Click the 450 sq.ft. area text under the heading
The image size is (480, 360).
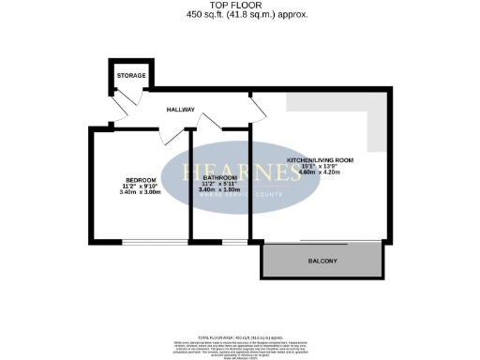239,16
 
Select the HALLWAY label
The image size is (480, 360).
180,110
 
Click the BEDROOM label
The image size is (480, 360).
142,181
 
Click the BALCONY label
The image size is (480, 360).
322,260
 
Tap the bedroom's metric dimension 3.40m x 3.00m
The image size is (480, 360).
142,192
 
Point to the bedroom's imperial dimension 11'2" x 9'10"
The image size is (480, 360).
142,187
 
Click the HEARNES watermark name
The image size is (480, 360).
234,172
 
